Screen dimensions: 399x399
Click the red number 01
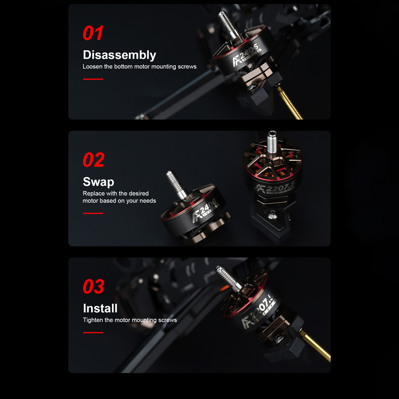click(x=93, y=33)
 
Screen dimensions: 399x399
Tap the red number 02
click(x=94, y=160)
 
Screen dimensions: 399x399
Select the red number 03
click(x=94, y=286)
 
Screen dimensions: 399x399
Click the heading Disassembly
click(x=119, y=55)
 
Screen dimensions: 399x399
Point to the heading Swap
click(x=99, y=182)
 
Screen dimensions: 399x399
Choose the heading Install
click(x=100, y=309)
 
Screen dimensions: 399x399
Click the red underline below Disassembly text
click(x=93, y=79)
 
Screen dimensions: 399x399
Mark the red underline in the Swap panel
click(x=93, y=213)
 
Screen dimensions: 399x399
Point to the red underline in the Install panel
click(x=93, y=333)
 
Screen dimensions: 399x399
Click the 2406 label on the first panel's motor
click(x=249, y=52)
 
